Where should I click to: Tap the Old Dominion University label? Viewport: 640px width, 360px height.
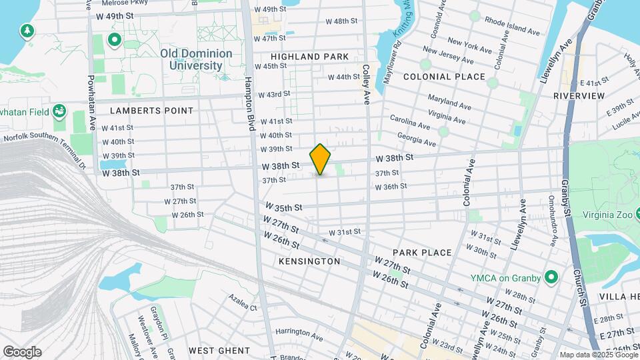tap(196, 59)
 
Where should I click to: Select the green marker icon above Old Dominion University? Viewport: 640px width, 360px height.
tap(114, 41)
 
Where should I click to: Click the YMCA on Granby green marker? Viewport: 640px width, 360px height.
tap(551, 277)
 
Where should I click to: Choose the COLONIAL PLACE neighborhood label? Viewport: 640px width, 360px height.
tap(443, 77)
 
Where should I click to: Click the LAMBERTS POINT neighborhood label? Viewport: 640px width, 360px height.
tap(151, 111)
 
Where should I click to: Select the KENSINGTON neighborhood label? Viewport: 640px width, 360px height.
tap(309, 261)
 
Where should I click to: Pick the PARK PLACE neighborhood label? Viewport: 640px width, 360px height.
tap(422, 253)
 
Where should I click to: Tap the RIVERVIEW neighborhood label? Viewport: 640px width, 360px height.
tap(579, 96)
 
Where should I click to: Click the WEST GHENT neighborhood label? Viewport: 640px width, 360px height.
tap(219, 350)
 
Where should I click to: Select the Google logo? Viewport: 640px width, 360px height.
tap(22, 352)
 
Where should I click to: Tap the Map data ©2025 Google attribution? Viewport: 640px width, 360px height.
tap(598, 355)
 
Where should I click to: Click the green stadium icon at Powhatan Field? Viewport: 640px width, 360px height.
tap(59, 109)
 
